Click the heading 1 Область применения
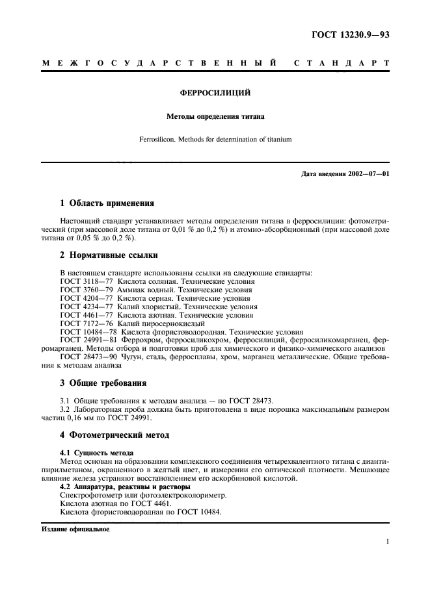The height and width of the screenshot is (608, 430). coord(107,203)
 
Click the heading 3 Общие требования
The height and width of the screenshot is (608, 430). coord(103,383)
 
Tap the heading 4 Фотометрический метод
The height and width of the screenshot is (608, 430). coord(114,434)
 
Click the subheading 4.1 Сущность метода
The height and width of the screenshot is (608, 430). coord(96,452)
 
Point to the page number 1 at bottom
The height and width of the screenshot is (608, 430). coord(387,542)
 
